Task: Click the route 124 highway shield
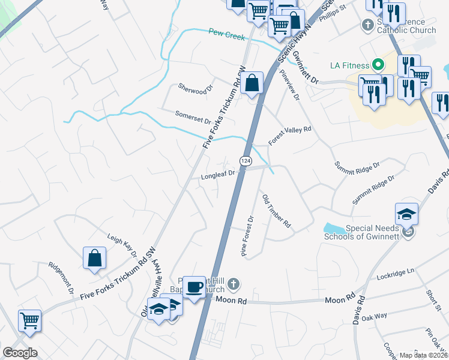coord(245,161)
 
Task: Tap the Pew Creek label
coord(227,35)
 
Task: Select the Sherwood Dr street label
coord(196,88)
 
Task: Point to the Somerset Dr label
coord(193,116)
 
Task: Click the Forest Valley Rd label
coord(290,136)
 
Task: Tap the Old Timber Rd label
coord(277,211)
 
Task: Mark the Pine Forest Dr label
coord(249,236)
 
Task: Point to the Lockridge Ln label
coord(396,272)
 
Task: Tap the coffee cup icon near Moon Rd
coord(193,287)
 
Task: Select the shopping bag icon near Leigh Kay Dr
coord(95,258)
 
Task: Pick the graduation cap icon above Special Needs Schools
coord(406,214)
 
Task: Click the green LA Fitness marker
coord(378,64)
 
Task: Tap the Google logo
coord(20,353)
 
